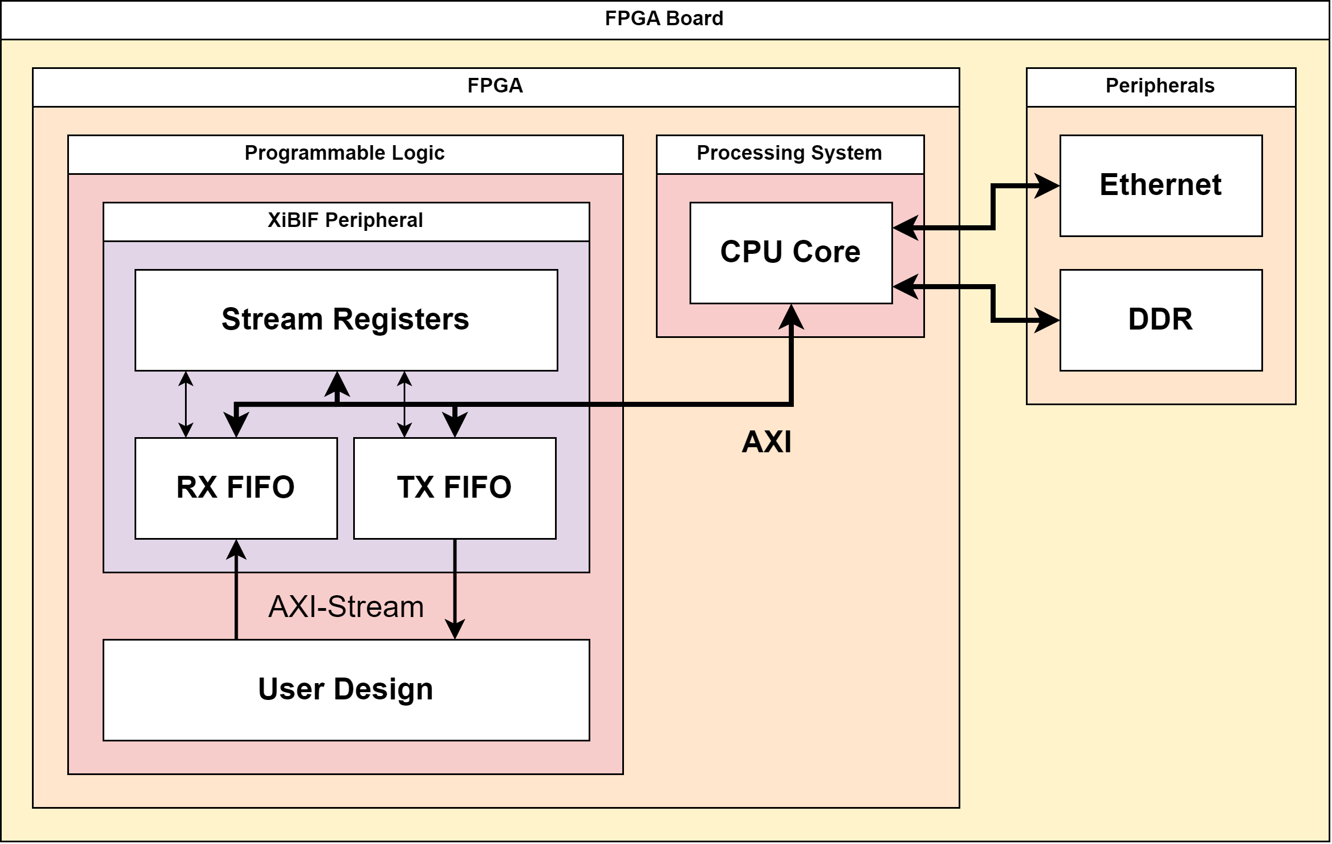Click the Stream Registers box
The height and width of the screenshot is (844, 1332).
tap(346, 320)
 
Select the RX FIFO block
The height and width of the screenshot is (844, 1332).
tap(235, 488)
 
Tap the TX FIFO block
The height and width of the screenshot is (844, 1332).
tap(454, 488)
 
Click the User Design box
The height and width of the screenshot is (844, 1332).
tap(346, 690)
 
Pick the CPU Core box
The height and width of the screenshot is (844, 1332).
tap(790, 253)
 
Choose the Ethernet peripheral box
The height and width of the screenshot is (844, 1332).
tap(1160, 186)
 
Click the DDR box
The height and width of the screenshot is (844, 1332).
tap(1160, 320)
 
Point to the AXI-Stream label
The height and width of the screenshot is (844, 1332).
tap(346, 607)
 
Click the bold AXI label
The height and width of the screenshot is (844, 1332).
tap(766, 442)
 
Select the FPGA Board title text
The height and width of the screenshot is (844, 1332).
tap(664, 19)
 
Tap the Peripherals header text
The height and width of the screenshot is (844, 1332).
tap(1160, 86)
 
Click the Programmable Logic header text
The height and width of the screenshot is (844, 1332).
tap(345, 154)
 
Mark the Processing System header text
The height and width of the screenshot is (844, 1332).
tap(789, 154)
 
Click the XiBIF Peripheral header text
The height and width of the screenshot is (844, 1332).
tap(345, 221)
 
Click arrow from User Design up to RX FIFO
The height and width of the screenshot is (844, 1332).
tap(236, 594)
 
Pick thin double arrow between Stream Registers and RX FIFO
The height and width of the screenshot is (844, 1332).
tap(186, 404)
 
